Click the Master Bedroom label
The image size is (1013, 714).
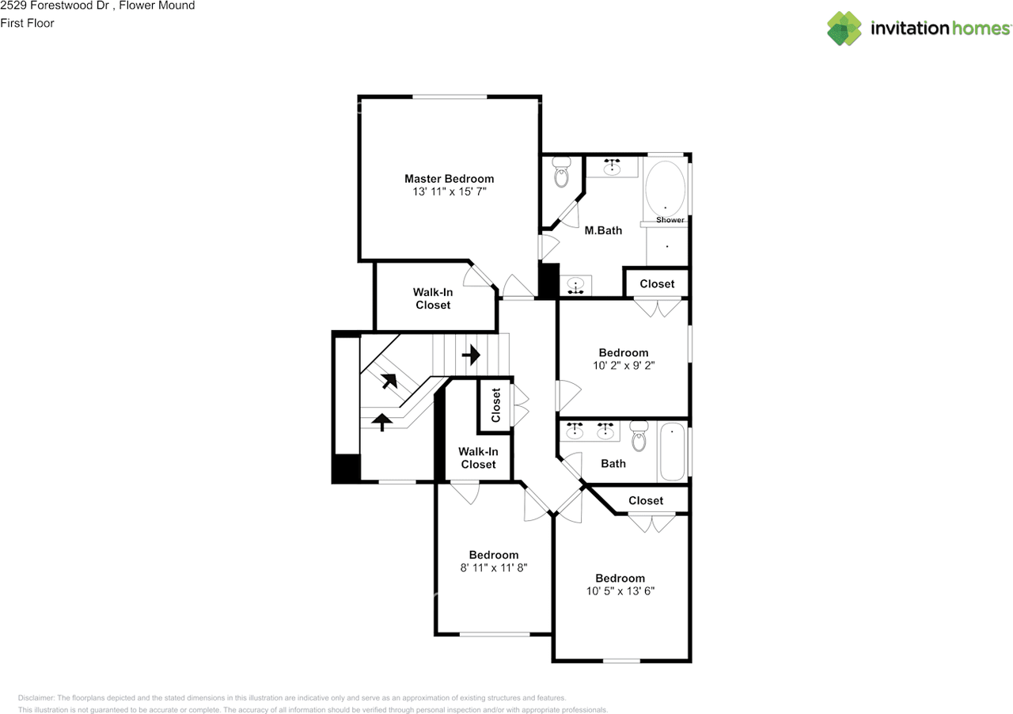(x=449, y=179)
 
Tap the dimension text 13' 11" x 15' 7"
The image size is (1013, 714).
(x=449, y=192)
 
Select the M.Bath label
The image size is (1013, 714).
(x=603, y=230)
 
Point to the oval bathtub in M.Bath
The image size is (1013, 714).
(x=665, y=187)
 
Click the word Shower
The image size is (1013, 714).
(x=670, y=220)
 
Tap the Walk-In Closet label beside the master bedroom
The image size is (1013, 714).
(x=433, y=298)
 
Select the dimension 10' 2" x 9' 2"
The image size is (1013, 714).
(x=624, y=366)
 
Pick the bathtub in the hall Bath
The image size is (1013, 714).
(x=672, y=452)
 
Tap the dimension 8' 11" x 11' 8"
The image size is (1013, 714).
(x=494, y=568)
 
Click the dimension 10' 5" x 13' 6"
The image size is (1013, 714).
(x=620, y=591)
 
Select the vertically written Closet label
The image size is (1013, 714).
(x=496, y=405)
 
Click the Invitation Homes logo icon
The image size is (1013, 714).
(x=844, y=28)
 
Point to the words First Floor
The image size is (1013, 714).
(x=27, y=23)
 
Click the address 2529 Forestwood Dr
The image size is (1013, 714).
(x=52, y=6)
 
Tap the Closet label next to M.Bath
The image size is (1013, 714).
(x=657, y=283)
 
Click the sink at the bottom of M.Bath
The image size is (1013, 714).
(x=577, y=284)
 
